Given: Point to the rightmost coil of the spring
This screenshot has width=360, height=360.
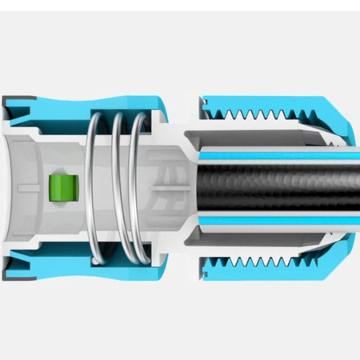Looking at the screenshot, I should tap(141, 188).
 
